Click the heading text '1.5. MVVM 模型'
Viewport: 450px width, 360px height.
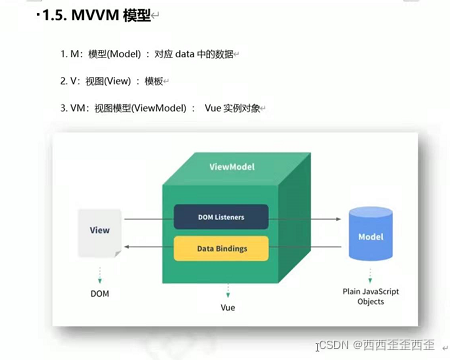tap(86, 17)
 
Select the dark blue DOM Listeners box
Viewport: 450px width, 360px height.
tap(221, 216)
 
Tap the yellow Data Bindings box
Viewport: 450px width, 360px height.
tap(221, 247)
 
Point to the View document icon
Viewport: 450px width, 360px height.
tap(100, 233)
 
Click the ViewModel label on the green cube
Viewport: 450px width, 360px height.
tap(233, 165)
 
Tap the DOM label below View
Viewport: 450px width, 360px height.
tap(100, 294)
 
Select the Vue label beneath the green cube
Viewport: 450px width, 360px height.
tap(228, 308)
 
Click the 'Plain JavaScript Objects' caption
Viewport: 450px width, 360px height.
tap(371, 295)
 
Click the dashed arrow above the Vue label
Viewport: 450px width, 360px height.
tap(228, 291)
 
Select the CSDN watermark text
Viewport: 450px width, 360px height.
tap(377, 345)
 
